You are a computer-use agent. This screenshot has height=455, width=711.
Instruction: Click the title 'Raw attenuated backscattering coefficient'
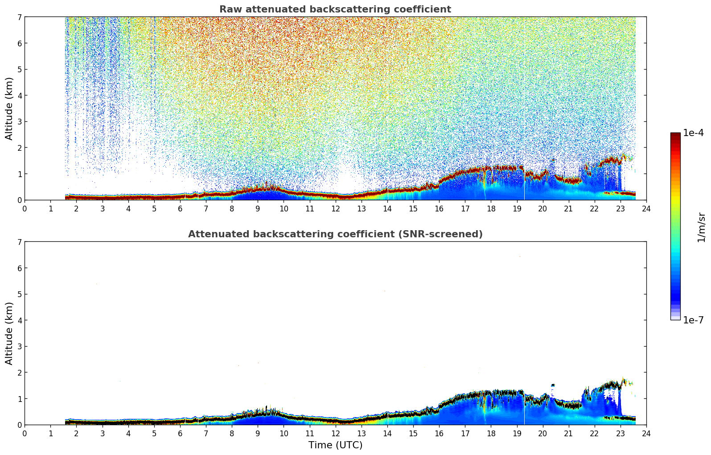pyautogui.click(x=335, y=9)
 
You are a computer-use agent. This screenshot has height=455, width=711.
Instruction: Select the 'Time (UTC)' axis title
pyautogui.click(x=335, y=445)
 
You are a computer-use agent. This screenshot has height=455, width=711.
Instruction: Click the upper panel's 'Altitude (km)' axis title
pyautogui.click(x=9, y=108)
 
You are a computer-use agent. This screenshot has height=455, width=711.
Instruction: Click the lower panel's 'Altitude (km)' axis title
pyautogui.click(x=9, y=333)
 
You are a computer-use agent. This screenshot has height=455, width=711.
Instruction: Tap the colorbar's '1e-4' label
pyautogui.click(x=693, y=133)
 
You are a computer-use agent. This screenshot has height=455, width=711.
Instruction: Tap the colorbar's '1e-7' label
pyautogui.click(x=693, y=320)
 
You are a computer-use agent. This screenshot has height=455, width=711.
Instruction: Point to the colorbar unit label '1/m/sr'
pyautogui.click(x=701, y=227)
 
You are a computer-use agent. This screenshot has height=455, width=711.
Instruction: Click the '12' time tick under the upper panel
pyautogui.click(x=335, y=208)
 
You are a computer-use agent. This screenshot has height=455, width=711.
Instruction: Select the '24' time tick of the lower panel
pyautogui.click(x=646, y=433)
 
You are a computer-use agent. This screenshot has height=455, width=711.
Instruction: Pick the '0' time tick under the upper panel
pyautogui.click(x=25, y=208)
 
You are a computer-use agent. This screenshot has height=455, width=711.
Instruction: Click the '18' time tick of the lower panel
pyautogui.click(x=491, y=433)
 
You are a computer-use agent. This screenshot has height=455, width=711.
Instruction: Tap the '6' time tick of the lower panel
pyautogui.click(x=180, y=433)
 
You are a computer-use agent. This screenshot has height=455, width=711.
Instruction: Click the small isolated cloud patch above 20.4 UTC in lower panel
pyautogui.click(x=553, y=385)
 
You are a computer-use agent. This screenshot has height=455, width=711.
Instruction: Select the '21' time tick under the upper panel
pyautogui.click(x=568, y=208)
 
